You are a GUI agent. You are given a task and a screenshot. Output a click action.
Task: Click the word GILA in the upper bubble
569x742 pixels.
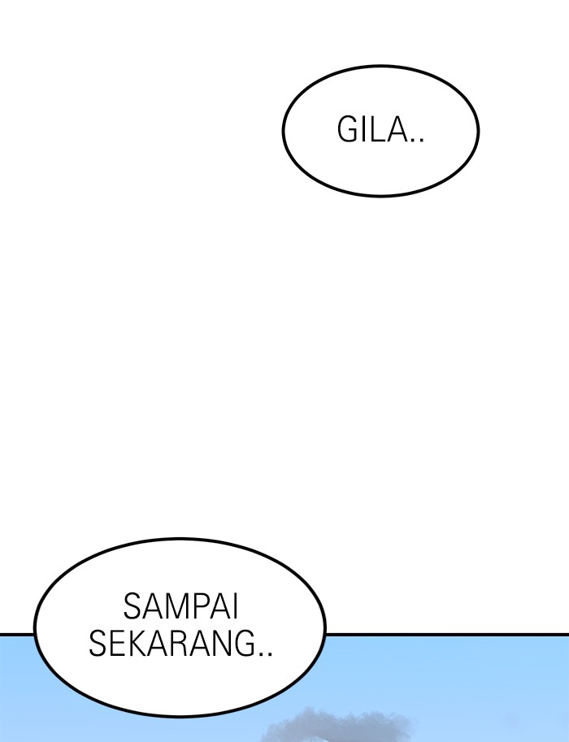[x=372, y=130]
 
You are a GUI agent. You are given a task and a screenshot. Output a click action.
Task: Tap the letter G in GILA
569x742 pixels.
[x=347, y=130]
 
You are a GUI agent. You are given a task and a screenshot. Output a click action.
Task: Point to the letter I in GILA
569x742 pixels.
[x=364, y=130]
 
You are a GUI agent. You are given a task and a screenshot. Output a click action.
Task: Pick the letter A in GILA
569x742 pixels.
[x=397, y=130]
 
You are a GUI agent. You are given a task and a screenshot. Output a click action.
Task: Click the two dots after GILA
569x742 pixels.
[x=416, y=139]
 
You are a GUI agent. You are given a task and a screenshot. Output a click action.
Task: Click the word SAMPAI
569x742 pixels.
[x=180, y=606]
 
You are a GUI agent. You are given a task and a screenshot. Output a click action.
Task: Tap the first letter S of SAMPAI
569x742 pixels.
[x=132, y=606]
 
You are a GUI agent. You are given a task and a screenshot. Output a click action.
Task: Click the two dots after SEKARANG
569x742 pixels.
[x=266, y=653]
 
